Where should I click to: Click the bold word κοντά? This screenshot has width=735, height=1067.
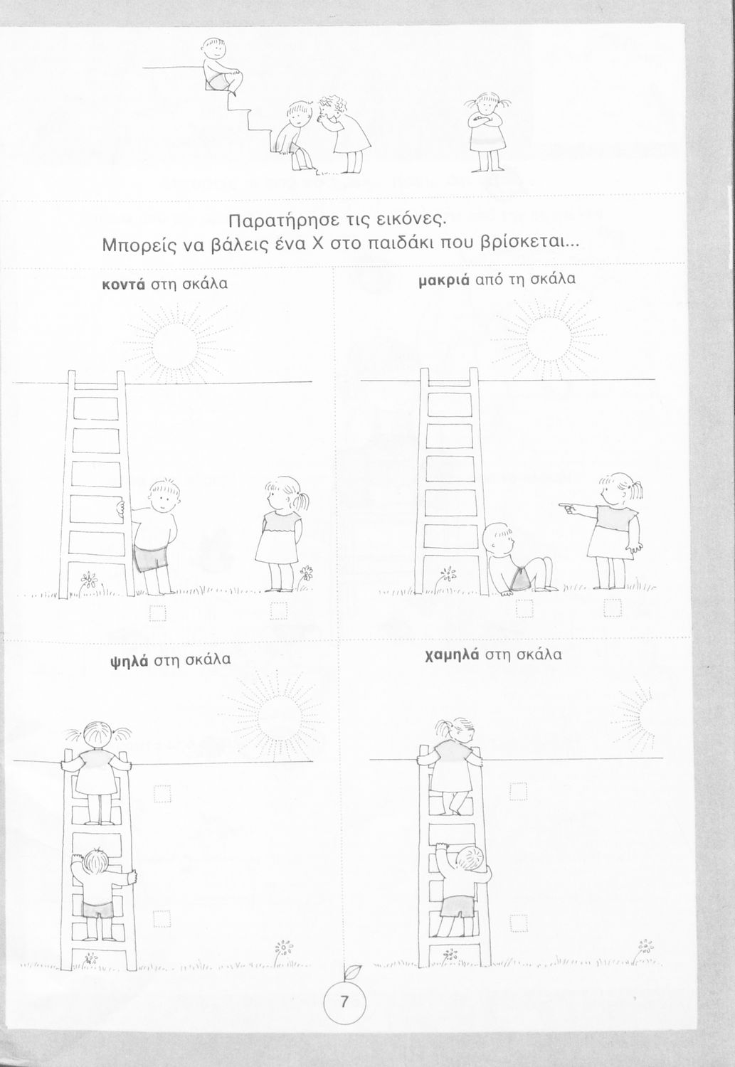pyautogui.click(x=124, y=284)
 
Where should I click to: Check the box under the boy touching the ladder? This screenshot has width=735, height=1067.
pyautogui.click(x=158, y=613)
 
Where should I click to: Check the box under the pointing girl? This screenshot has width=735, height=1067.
pyautogui.click(x=613, y=607)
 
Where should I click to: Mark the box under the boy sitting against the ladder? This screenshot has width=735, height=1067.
pyautogui.click(x=524, y=607)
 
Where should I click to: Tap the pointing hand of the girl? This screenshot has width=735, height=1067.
pyautogui.click(x=567, y=509)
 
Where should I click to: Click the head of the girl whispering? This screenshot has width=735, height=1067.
pyautogui.click(x=329, y=109)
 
